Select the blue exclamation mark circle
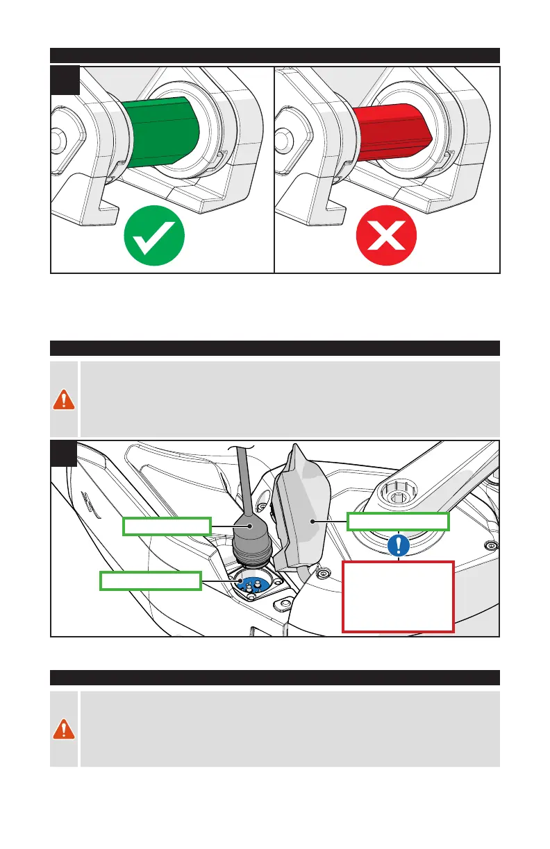coord(398,545)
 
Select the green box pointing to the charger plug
coord(167,526)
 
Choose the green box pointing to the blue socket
coord(151,581)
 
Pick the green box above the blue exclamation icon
coord(398,522)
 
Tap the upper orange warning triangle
coord(65,400)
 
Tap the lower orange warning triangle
coord(65,728)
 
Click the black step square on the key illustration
coord(65,80)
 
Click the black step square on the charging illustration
coord(65,455)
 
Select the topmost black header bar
coord(275,55)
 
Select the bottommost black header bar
coord(275,677)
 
